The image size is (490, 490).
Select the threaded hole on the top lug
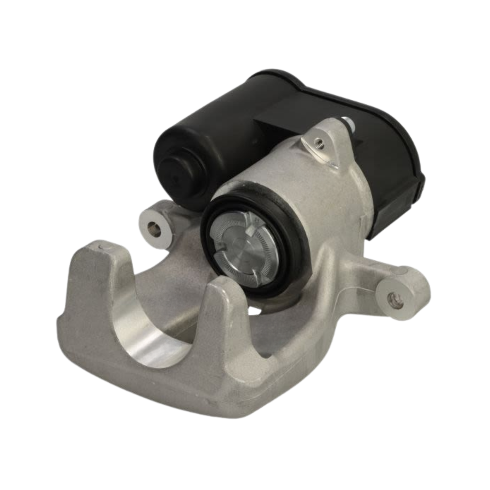click(317, 142)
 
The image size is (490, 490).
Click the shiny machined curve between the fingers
click(146, 335)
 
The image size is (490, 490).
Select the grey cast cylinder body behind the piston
click(324, 195)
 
